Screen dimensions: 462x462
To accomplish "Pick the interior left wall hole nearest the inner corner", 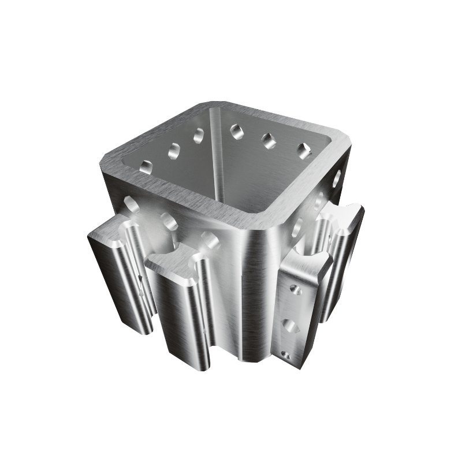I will (199, 136).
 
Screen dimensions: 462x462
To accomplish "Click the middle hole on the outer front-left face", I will (169, 221).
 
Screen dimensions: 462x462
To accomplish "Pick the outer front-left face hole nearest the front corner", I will (209, 239).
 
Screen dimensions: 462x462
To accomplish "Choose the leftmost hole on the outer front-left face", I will (131, 204).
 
